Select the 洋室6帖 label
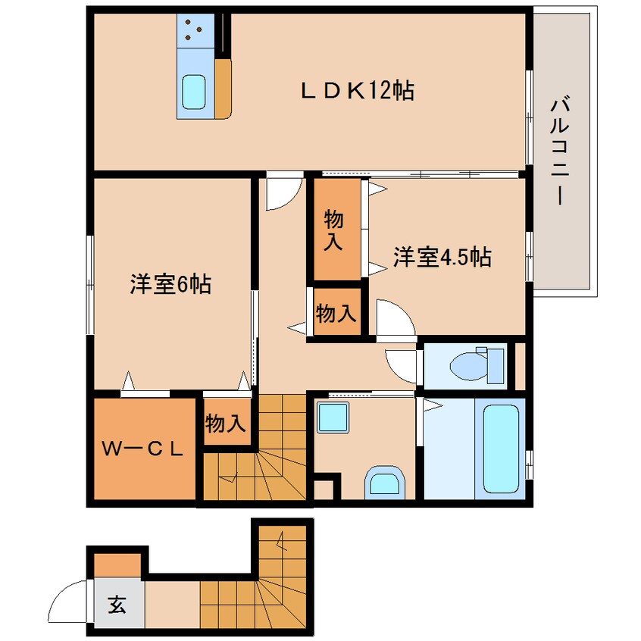click(x=170, y=285)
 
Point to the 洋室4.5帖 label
click(x=442, y=258)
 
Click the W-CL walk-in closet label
click(x=144, y=449)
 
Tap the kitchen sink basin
click(x=195, y=93)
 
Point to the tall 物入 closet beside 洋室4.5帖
click(x=334, y=230)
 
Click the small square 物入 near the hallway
click(x=336, y=312)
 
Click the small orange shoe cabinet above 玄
click(x=117, y=564)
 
